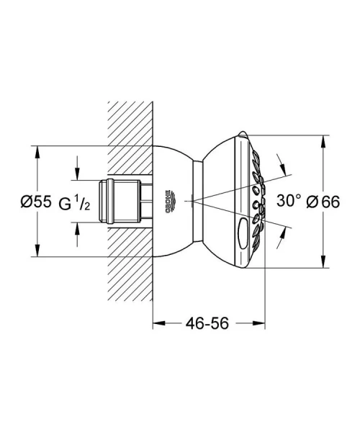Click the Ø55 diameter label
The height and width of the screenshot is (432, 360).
click(36, 202)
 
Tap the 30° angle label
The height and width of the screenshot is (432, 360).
click(288, 202)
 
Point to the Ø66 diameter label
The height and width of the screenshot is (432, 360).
click(323, 202)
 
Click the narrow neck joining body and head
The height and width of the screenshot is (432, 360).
click(196, 201)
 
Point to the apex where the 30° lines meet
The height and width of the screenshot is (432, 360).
click(186, 201)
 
